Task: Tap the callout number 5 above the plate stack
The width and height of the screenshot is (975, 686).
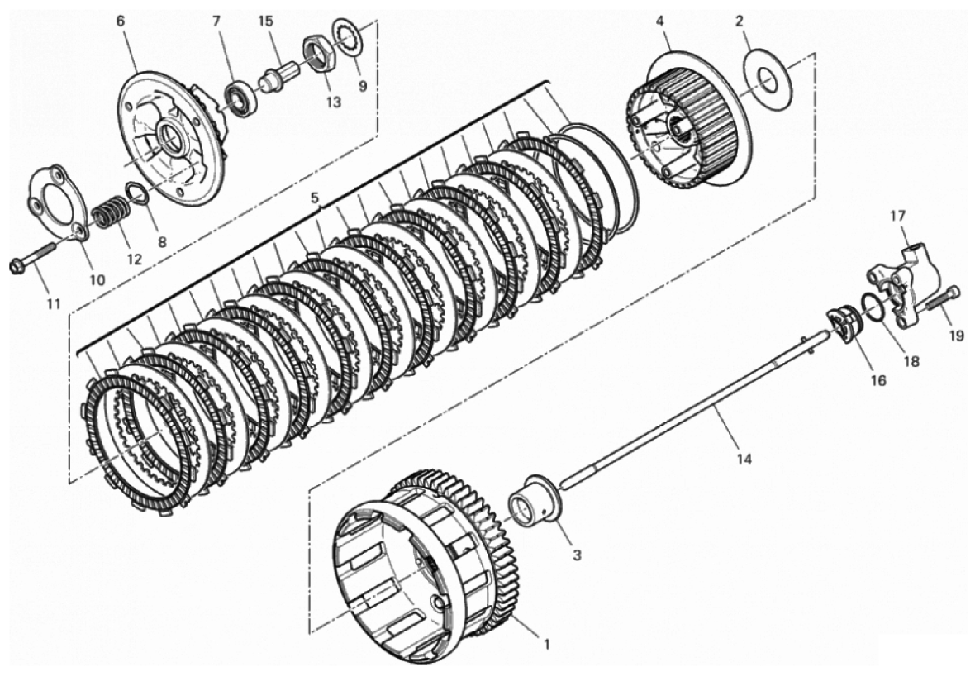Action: click(x=315, y=198)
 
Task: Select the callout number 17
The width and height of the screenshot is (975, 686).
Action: click(x=897, y=217)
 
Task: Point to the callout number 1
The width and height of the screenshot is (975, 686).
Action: click(x=546, y=645)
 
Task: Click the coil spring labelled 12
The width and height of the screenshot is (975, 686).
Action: click(x=109, y=212)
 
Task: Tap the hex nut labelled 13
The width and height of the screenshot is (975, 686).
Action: click(x=320, y=55)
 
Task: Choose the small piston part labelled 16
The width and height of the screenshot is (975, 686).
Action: click(x=842, y=323)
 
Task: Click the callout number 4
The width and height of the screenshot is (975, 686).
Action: click(x=659, y=21)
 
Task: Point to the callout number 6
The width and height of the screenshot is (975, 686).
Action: click(x=120, y=21)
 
